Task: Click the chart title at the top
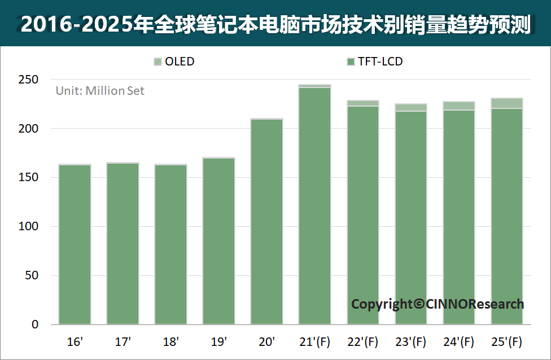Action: tap(275, 24)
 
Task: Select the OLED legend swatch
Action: tap(158, 62)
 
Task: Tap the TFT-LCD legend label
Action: tap(380, 62)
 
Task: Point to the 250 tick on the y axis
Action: tap(28, 80)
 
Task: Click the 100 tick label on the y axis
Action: tap(28, 226)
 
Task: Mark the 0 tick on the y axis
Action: tap(35, 324)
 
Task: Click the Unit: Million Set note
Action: tap(100, 91)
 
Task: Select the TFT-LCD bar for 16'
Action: tap(75, 244)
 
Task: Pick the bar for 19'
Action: tap(218, 241)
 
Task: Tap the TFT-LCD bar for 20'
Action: tap(266, 222)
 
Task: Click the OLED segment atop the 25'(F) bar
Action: tap(507, 103)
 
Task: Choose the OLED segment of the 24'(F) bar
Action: tap(459, 106)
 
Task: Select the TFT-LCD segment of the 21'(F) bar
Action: tap(315, 206)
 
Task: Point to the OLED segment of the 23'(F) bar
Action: tap(411, 107)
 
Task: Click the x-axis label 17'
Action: tap(123, 341)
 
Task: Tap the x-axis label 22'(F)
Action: tap(362, 342)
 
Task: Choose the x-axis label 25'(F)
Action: tap(507, 342)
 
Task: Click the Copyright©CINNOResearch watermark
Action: tap(438, 304)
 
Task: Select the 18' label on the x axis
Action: tap(171, 341)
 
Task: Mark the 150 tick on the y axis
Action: tap(28, 177)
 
